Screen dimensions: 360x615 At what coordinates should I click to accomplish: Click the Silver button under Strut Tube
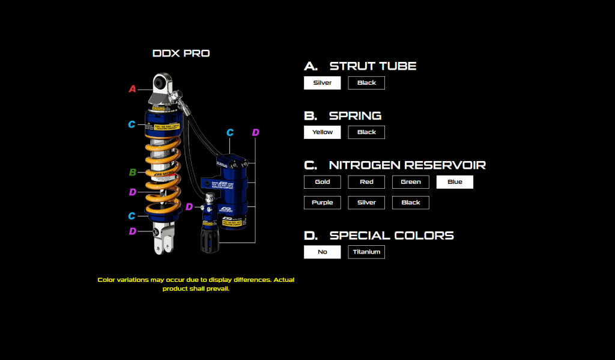323,83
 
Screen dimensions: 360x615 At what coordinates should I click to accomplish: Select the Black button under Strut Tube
366,83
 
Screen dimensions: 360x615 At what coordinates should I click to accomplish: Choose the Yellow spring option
323,132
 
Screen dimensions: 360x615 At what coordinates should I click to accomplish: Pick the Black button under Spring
366,132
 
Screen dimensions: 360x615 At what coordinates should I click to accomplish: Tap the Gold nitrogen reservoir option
323,182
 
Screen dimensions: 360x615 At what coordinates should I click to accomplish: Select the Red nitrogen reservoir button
366,182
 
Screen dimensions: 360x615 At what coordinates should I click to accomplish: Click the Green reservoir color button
411,182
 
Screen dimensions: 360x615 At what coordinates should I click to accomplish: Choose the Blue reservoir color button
455,182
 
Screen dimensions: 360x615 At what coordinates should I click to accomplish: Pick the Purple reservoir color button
323,203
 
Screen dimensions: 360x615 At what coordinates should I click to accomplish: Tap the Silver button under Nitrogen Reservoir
366,203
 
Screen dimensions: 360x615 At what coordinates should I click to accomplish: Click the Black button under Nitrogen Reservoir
411,203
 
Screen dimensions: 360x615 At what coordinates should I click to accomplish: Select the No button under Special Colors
323,252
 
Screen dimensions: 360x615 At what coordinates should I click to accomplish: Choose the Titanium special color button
366,252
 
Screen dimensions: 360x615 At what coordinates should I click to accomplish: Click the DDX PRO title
181,53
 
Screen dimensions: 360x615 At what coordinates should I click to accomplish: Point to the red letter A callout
133,89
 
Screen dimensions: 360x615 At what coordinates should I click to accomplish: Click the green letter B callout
133,172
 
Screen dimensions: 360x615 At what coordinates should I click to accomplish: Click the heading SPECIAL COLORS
391,236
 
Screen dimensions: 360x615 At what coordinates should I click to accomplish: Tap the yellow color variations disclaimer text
196,284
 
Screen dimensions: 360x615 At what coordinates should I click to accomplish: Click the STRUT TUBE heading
372,66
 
